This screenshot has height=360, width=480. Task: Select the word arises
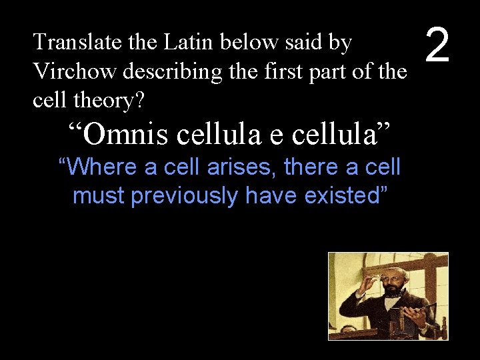(x=243, y=167)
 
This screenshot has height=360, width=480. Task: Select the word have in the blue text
(x=271, y=195)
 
